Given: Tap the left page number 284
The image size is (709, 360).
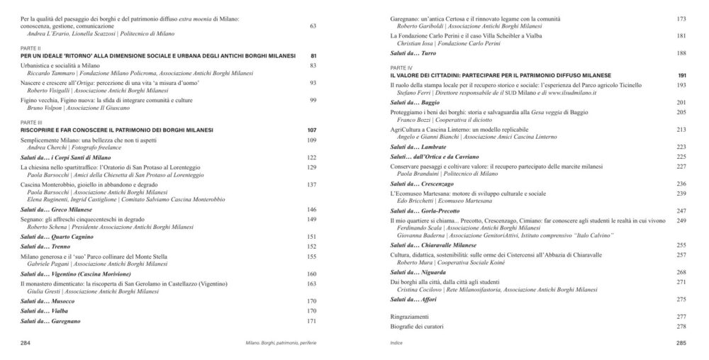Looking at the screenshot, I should coord(26,342).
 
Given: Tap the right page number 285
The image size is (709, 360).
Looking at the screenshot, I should coord(681,342).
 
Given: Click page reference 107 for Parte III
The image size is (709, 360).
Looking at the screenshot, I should coord(311,131).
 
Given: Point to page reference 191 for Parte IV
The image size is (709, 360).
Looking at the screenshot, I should coord(682,75).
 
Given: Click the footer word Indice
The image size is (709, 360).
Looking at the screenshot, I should coord(396,342).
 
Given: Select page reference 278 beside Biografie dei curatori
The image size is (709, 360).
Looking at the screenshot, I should coord(682,326).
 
